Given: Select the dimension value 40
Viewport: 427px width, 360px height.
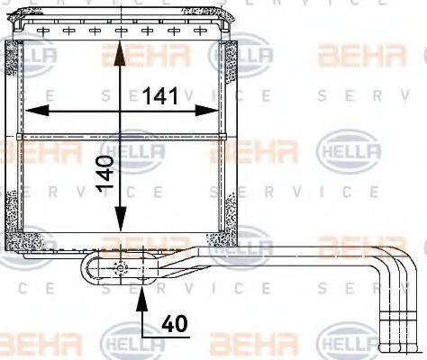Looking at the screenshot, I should [175, 323].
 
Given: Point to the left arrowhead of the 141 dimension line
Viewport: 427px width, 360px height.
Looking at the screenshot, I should [33, 110].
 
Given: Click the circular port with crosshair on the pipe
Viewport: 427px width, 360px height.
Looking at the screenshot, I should [121, 266].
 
